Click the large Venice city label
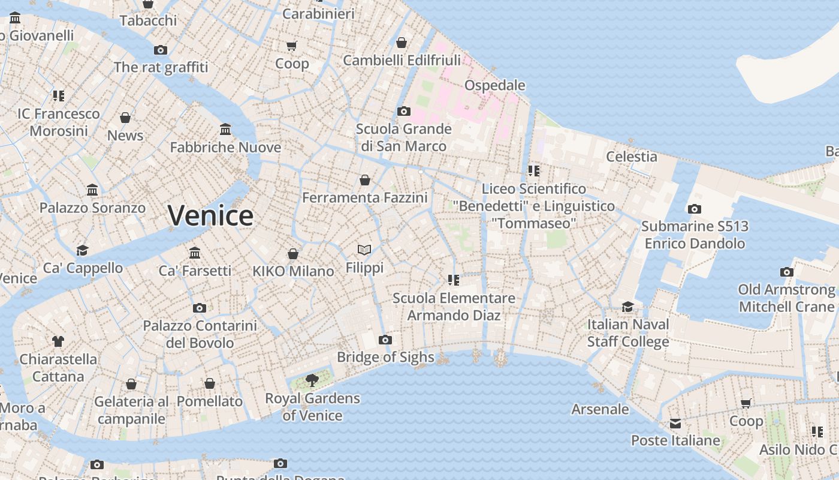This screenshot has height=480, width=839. click(210, 215)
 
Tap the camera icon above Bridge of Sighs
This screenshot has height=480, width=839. click(385, 340)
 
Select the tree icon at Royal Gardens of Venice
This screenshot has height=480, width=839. click(312, 380)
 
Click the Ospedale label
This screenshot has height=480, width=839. click(494, 85)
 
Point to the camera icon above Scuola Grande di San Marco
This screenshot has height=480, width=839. click(404, 112)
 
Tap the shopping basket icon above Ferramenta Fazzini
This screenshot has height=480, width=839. click(364, 180)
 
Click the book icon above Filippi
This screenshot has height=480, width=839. click(364, 250)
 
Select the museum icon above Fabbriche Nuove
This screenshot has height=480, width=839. click(225, 130)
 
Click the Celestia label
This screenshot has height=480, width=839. click(631, 157)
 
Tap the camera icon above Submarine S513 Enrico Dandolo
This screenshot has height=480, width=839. click(695, 209)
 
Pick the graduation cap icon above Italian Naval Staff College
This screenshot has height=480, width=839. click(627, 307)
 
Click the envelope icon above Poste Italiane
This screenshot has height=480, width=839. click(675, 424)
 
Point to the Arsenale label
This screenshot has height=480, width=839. click(600, 409)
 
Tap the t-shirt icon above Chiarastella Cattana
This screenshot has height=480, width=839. click(58, 341)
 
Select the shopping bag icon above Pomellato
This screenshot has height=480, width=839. click(210, 383)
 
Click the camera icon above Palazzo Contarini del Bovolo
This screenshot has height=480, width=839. click(200, 308)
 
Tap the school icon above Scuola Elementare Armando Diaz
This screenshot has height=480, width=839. click(453, 280)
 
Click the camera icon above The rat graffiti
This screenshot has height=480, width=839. click(160, 50)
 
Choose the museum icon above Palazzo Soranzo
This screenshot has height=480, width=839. click(92, 190)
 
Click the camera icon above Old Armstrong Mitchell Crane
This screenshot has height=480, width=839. click(787, 272)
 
